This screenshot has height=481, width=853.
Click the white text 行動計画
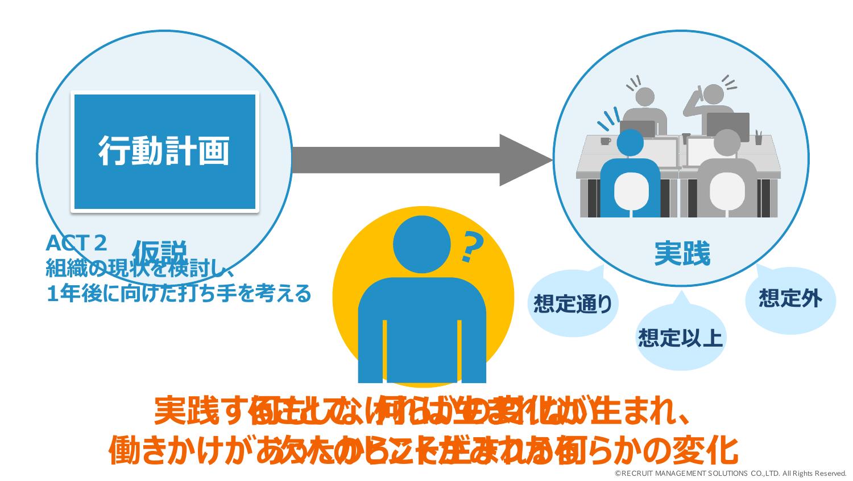pyautogui.click(x=164, y=151)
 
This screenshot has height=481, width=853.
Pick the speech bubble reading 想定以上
pyautogui.click(x=680, y=337)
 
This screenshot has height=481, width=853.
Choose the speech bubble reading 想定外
pyautogui.click(x=790, y=298)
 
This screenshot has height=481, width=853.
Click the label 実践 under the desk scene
pyautogui.click(x=682, y=254)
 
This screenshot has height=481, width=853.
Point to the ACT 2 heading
pyautogui.click(x=76, y=244)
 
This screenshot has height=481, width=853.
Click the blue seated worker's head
pyautogui.click(x=630, y=144)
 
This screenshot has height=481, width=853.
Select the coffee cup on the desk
pyautogui.click(x=605, y=141)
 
